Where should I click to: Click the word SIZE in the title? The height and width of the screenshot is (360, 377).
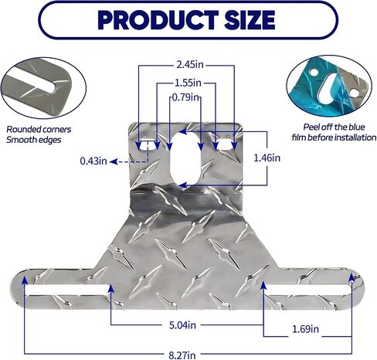click(250, 20)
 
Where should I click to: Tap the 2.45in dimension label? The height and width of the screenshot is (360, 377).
click(190, 65)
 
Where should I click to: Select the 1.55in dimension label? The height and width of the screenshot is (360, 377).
click(188, 83)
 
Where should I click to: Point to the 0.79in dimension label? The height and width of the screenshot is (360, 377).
click(185, 97)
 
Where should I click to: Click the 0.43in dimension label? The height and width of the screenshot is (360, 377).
click(93, 161)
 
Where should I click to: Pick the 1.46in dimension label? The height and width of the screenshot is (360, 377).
click(267, 158)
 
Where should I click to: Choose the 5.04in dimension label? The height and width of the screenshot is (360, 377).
click(182, 325)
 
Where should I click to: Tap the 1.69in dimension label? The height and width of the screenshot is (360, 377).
click(305, 329)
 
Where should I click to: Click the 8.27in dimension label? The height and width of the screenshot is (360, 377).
click(182, 355)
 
